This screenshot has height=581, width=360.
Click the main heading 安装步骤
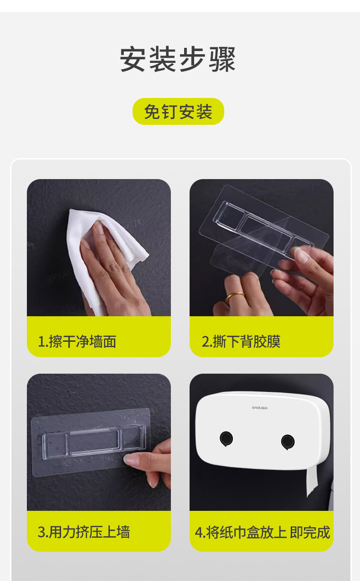pos(178,59)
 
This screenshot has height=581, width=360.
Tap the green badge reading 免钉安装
pos(178,112)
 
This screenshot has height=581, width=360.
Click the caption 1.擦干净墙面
pos(77,341)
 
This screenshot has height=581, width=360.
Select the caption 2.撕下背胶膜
pos(241,341)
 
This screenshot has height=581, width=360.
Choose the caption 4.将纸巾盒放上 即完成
pos(262,532)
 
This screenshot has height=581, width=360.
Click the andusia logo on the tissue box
pos(260,408)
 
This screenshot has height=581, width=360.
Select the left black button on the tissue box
pos(226,439)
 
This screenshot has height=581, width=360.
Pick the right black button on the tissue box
pos(288,442)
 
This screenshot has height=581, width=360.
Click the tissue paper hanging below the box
pos(312,483)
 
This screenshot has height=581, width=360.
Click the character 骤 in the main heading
pos(222,59)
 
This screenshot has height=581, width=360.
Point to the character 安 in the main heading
pos(133,59)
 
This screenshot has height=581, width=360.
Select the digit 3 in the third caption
pos(41,532)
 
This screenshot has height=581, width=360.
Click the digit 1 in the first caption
pos(41,342)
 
